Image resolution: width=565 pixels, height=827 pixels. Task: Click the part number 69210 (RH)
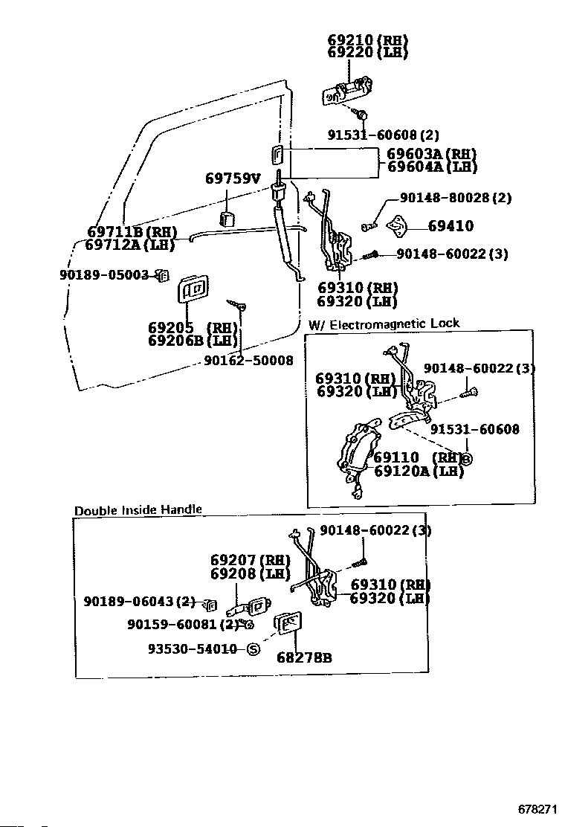click(x=367, y=40)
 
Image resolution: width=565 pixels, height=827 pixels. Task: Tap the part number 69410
click(x=451, y=226)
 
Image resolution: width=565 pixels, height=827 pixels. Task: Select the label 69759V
click(x=233, y=178)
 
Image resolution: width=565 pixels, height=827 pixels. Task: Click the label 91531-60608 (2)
click(x=383, y=135)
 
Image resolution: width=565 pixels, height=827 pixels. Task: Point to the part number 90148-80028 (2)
click(x=456, y=198)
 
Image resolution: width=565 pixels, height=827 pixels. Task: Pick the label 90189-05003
click(x=104, y=274)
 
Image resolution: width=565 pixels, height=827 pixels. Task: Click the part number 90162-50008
click(x=248, y=360)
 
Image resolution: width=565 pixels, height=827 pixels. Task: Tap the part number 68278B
click(x=304, y=657)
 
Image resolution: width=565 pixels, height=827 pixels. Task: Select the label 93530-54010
click(x=192, y=649)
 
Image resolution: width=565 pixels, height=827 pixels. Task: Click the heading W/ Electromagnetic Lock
click(x=384, y=324)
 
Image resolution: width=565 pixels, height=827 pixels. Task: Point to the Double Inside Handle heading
click(x=138, y=510)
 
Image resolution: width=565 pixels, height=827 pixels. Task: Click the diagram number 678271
click(x=537, y=808)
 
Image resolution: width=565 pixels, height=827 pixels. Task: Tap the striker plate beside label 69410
click(x=398, y=227)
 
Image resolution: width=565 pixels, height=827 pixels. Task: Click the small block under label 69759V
click(x=227, y=219)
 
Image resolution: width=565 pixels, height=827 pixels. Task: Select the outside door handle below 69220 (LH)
click(x=347, y=90)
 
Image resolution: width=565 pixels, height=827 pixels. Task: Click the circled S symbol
click(x=254, y=649)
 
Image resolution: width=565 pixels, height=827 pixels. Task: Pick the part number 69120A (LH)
click(x=419, y=471)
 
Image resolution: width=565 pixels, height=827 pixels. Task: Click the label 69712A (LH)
click(x=130, y=244)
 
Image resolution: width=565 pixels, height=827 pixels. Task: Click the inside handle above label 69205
click(x=193, y=289)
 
